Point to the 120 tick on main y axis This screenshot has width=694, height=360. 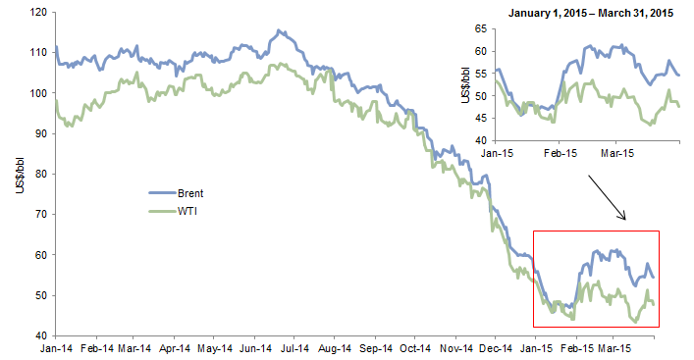(x=38, y=13)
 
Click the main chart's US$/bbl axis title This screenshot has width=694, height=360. (x=21, y=174)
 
